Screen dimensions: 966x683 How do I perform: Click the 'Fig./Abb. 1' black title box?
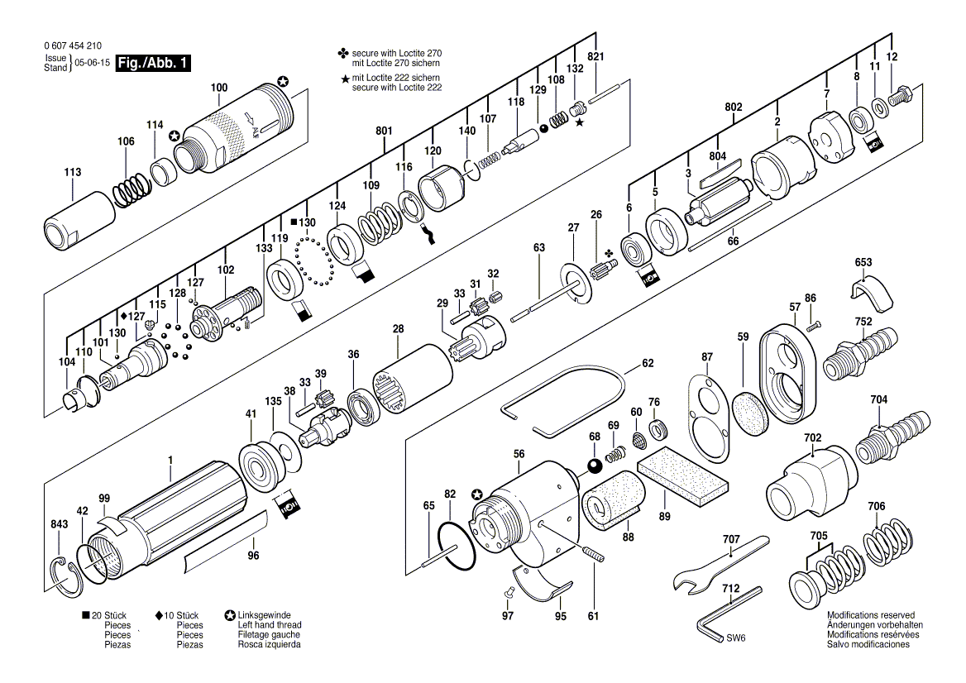(153, 63)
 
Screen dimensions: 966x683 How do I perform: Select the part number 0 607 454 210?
(73, 45)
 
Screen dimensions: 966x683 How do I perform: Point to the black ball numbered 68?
(595, 466)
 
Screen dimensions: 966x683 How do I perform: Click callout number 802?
(733, 107)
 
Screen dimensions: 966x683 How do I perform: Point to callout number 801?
(384, 131)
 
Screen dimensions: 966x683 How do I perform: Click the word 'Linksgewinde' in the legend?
(265, 614)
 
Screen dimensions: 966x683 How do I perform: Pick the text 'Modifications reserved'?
(871, 614)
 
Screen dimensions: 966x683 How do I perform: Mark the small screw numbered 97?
(509, 591)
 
